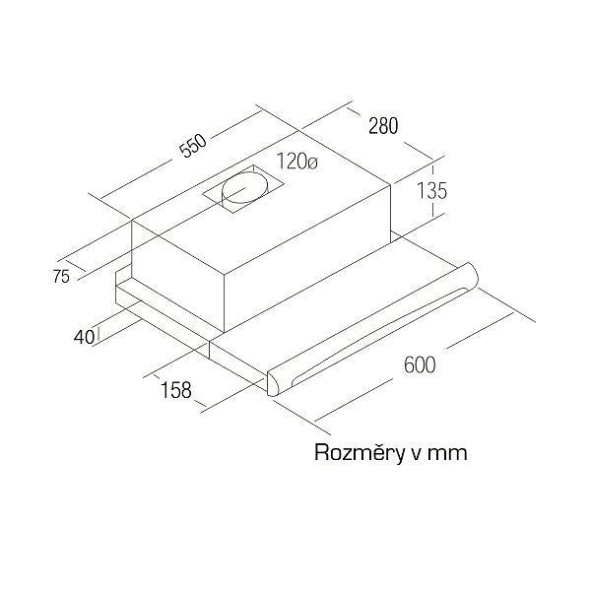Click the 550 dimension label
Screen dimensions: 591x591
coord(193,146)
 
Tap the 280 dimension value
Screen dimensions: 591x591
coord(383,126)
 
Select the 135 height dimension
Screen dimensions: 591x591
coord(431,190)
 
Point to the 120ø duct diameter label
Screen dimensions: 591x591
coord(297,162)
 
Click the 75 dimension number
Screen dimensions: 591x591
coord(61,277)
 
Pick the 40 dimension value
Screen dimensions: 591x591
coord(84,337)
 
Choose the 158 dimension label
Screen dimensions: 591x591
coord(176,389)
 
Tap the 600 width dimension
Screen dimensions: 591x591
coord(420,364)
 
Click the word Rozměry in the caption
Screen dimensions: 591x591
coord(359,452)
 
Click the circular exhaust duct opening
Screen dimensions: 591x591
coord(244,187)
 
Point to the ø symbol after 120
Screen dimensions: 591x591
coord(312,164)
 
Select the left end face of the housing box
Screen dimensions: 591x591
coord(178,276)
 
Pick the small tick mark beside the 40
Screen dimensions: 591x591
coord(98,335)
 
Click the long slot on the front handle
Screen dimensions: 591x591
coord(380,336)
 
